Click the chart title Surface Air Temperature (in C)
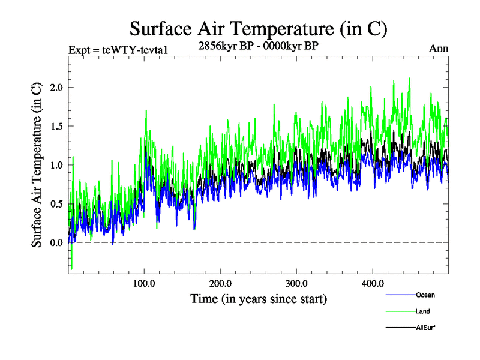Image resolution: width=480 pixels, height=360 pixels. pos(259,28)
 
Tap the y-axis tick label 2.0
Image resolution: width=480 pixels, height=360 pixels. pos(56,87)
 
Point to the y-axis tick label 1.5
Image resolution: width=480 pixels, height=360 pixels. pos(56,126)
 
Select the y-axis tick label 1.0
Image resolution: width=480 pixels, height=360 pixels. pos(56,164)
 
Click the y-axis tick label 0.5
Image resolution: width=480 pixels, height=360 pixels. pos(56,203)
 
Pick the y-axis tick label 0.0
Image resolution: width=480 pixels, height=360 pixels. pos(56,242)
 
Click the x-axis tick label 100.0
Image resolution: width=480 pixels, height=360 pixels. pos(144,283)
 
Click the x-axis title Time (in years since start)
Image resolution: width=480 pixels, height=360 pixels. pos(259,298)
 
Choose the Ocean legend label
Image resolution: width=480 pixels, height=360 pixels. pos(425,295)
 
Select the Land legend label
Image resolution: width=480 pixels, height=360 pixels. pos(422,311)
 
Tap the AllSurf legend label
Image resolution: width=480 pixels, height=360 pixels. pos(425,328)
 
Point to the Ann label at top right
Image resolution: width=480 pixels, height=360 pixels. pos(439,49)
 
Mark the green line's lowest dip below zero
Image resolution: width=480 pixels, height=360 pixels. pos(71,268)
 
